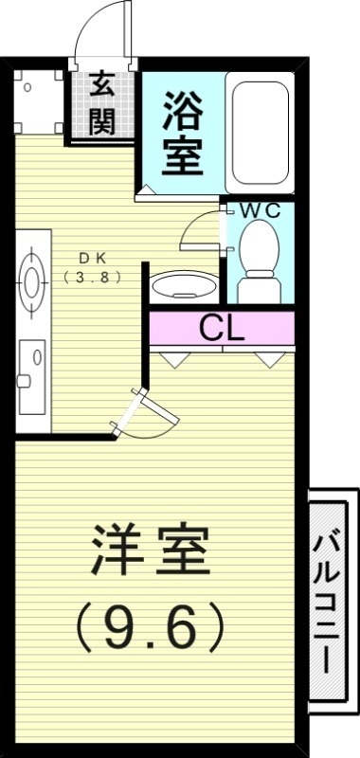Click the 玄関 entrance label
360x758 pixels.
pos(102,103)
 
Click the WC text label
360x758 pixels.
pos(259,210)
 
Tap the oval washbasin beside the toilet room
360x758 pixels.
pos(182,283)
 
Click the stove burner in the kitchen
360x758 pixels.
pos(32,280)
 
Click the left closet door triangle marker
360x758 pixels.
pos(176,359)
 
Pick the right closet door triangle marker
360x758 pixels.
pos(268,359)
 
